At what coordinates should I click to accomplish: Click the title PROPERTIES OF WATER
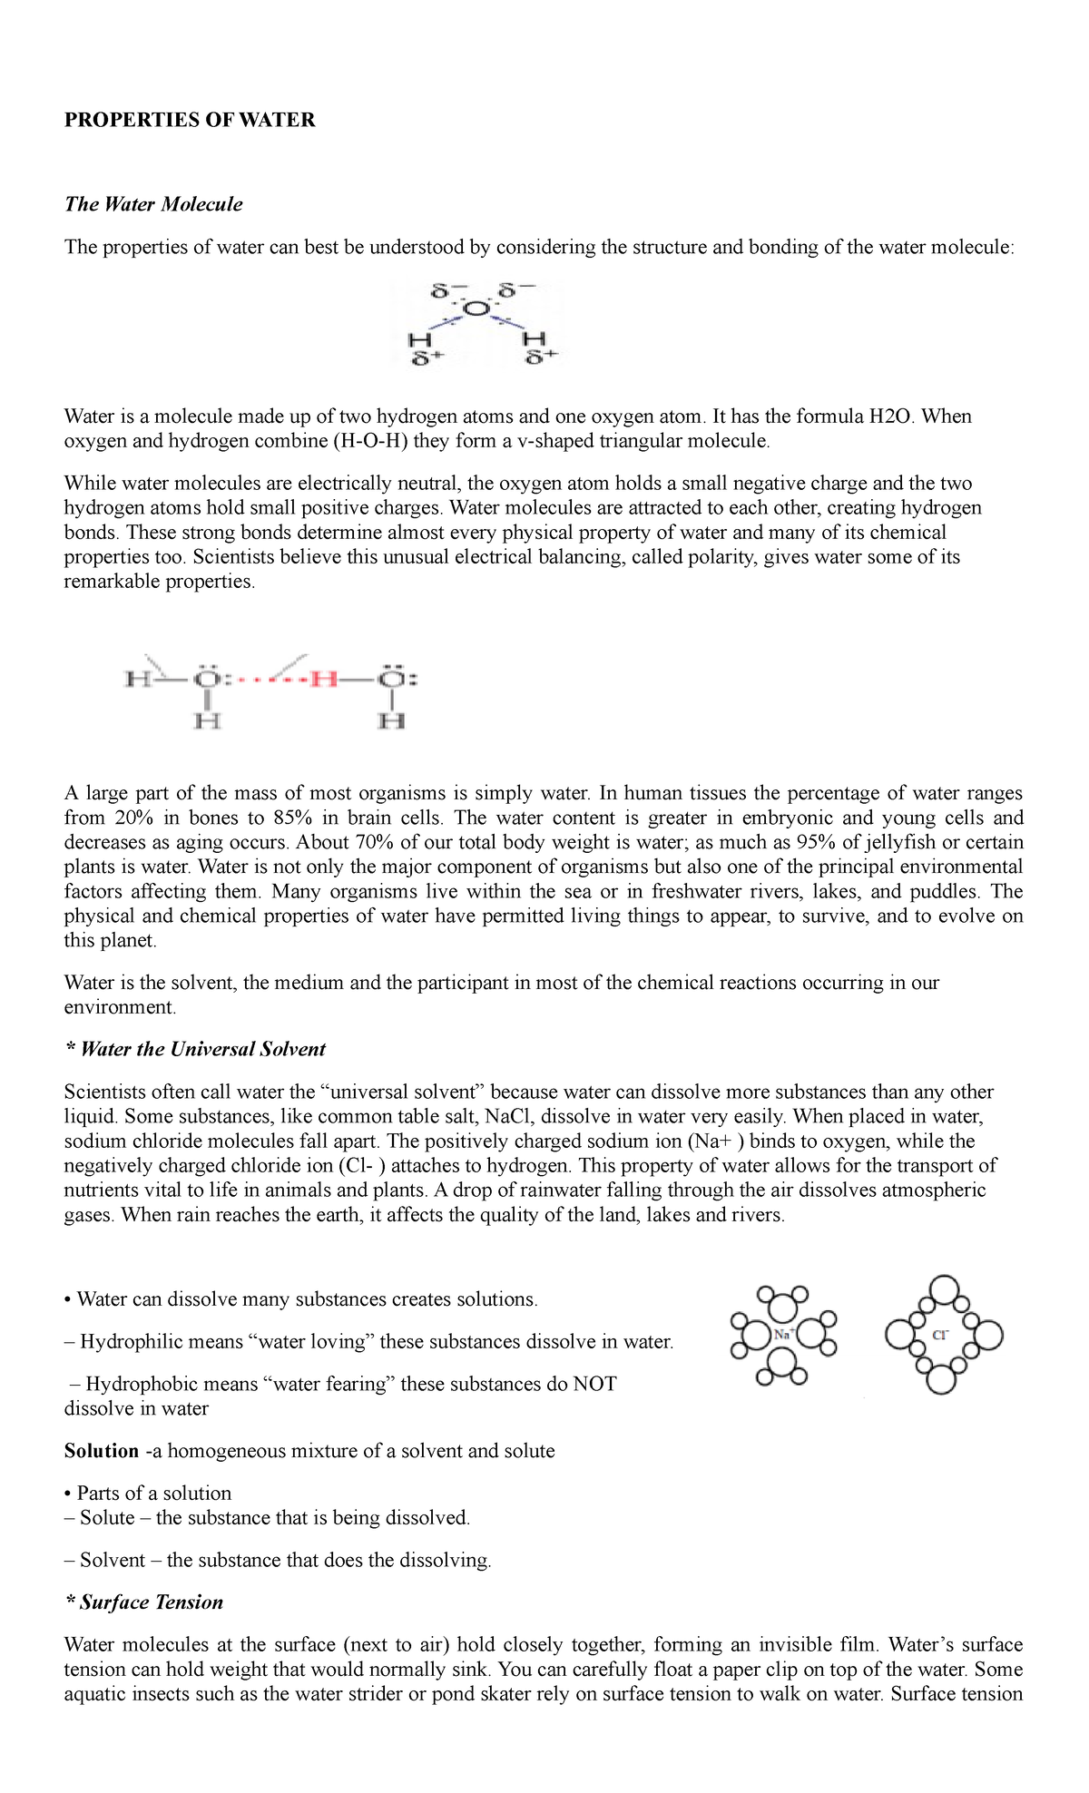(190, 120)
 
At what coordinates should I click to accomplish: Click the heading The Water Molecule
(153, 204)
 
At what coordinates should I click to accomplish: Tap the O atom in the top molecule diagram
(476, 310)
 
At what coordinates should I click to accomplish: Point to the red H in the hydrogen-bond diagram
(323, 679)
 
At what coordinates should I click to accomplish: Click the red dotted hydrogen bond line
(274, 679)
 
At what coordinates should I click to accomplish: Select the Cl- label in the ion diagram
(940, 1334)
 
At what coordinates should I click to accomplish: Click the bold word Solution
(102, 1451)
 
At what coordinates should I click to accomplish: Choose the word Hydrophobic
(136, 1385)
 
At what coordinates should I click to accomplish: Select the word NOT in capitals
(594, 1385)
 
